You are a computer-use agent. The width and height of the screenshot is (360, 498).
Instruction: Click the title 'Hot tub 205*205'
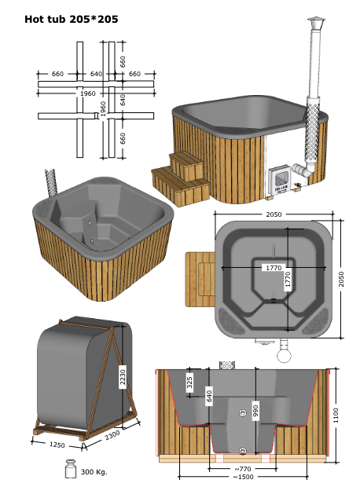pos(72,19)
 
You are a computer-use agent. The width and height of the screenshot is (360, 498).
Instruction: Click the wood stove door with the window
pos(280,178)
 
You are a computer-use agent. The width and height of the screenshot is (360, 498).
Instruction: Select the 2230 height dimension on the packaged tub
pos(123,376)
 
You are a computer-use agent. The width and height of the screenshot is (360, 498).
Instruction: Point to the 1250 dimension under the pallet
pos(57,445)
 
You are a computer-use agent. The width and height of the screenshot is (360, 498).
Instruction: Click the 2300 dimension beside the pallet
pos(112,435)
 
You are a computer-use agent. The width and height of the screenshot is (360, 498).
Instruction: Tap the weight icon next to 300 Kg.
pos(71,468)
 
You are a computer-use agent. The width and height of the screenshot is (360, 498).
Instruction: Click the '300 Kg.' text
pos(94,472)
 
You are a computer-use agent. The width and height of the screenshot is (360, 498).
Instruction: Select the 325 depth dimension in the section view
pos(189,383)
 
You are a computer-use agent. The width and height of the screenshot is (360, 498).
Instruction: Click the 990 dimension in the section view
pos(255,411)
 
